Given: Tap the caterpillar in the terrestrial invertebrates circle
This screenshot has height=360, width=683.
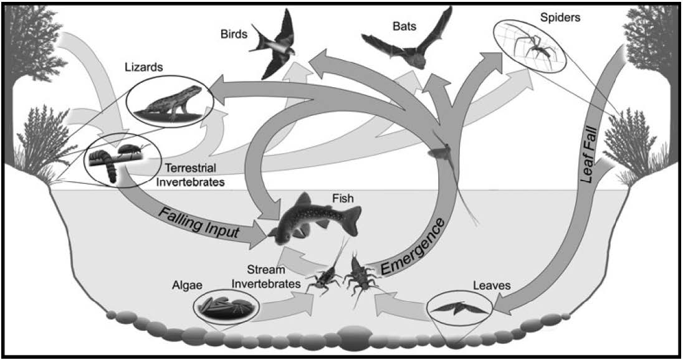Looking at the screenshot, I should point(106,164).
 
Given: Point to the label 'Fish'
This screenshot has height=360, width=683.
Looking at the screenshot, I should point(341,199).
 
